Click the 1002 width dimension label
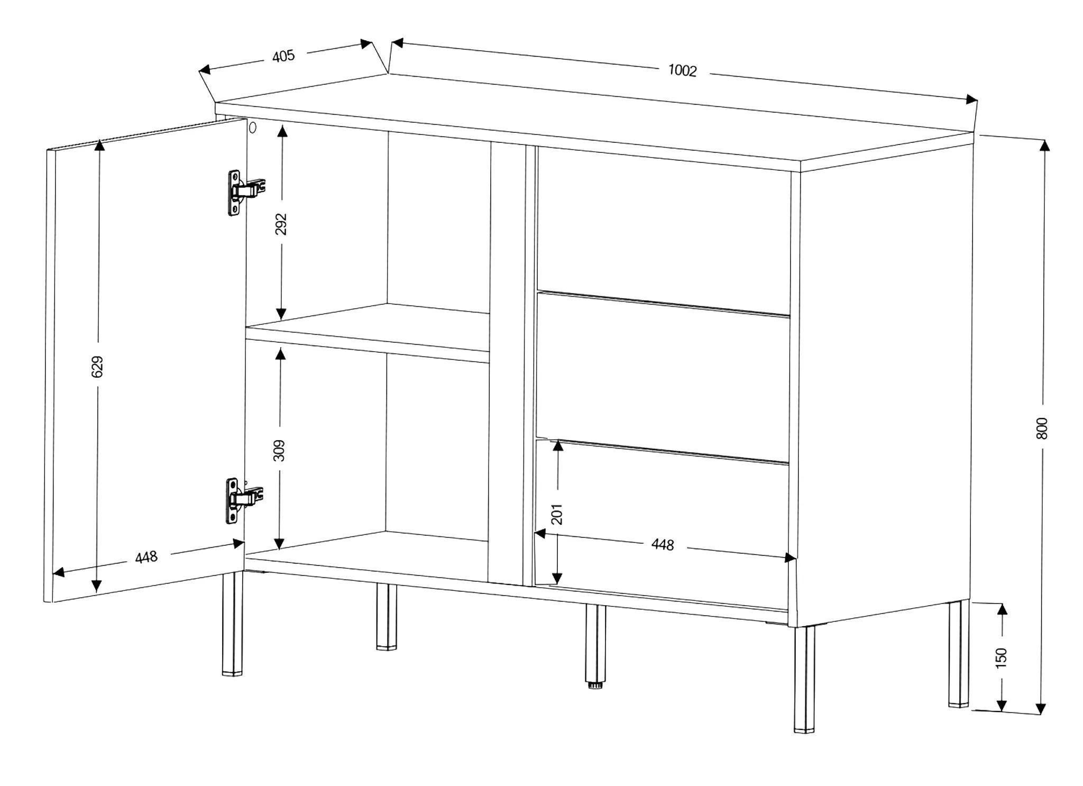(683, 70)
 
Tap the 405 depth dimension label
(283, 56)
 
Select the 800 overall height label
(1041, 428)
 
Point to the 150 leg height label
(1001, 657)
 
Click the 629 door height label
(97, 367)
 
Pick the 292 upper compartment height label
(281, 224)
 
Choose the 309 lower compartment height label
(279, 450)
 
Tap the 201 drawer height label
(557, 514)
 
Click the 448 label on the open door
(146, 557)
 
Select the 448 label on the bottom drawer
(663, 544)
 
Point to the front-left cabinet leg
(232, 624)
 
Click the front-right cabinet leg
(804, 680)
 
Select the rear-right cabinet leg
(959, 654)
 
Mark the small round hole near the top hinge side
(253, 127)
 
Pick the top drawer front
(663, 230)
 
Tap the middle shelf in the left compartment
(368, 332)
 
